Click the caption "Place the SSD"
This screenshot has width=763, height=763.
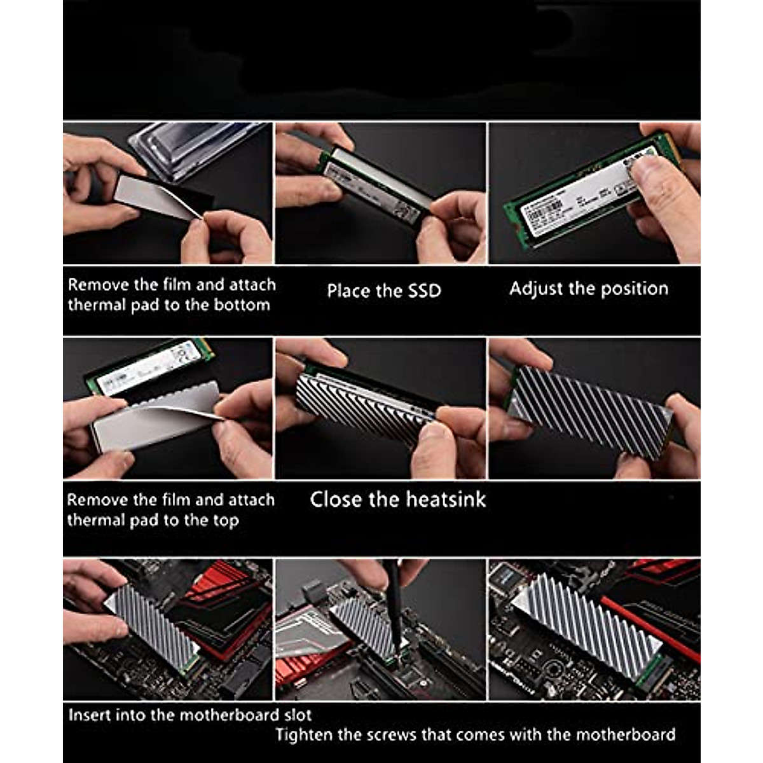tap(383, 291)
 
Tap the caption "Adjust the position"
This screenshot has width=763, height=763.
tap(588, 289)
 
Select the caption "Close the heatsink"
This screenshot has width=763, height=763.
tap(397, 499)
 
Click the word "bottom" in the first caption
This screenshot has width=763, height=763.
tap(242, 305)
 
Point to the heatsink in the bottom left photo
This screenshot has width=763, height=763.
tap(153, 626)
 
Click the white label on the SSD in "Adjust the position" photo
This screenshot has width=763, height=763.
tap(585, 191)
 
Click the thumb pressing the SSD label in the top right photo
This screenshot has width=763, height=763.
tap(661, 184)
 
